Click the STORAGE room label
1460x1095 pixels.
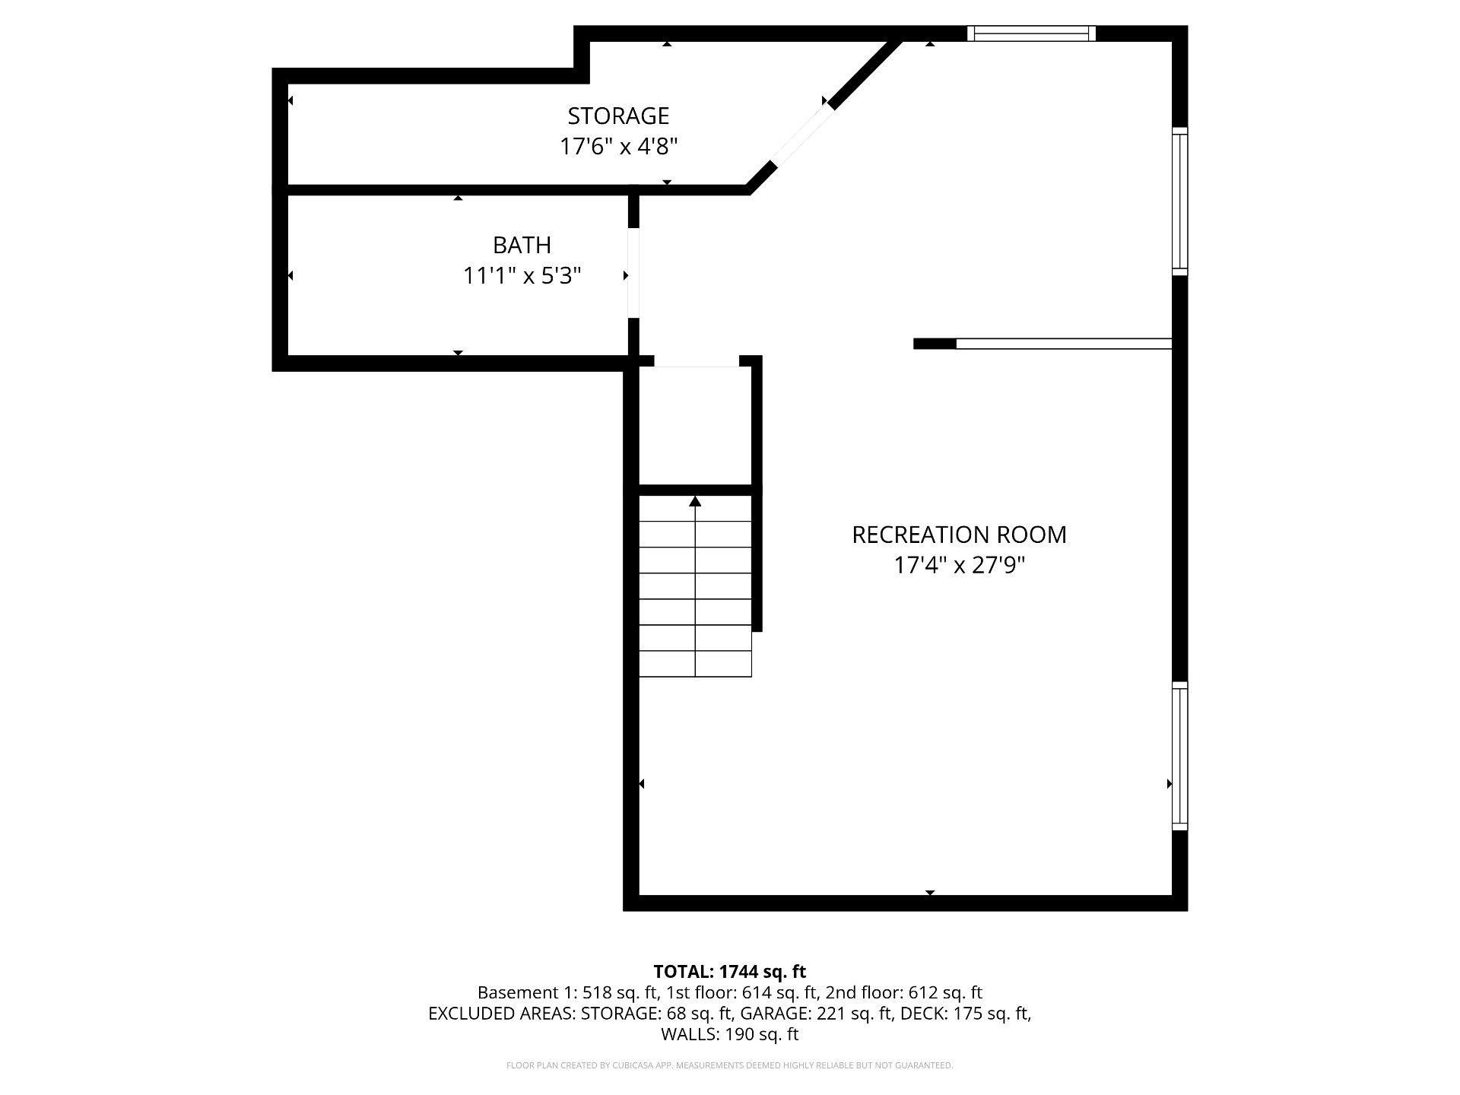[x=618, y=116]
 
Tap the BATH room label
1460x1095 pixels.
[x=522, y=245]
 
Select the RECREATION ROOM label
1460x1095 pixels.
[x=959, y=535]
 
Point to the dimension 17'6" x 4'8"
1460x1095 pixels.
[x=618, y=146]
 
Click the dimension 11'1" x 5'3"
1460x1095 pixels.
[x=522, y=275]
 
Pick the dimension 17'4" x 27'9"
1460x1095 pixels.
[x=960, y=565]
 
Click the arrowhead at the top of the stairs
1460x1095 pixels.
[x=695, y=501]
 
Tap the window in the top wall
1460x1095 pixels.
[x=1031, y=33]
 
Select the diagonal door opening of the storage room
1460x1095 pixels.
[x=801, y=135]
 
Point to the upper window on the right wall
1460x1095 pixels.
[x=1179, y=201]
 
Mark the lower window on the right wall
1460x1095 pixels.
[x=1179, y=756]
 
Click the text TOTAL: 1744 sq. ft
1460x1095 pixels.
[x=729, y=971]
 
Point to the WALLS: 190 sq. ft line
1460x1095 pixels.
[x=729, y=1034]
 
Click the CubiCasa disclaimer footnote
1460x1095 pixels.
[x=729, y=1065]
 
